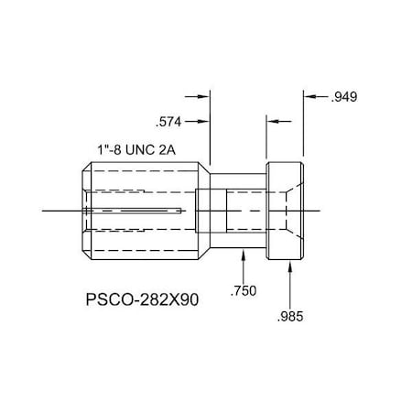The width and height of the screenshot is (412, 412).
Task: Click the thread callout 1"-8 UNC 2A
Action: (x=140, y=149)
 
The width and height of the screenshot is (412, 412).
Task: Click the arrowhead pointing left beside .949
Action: (x=309, y=96)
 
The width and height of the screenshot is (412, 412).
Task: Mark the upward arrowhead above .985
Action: (x=290, y=268)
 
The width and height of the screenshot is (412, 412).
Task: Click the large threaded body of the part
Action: (x=142, y=211)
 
